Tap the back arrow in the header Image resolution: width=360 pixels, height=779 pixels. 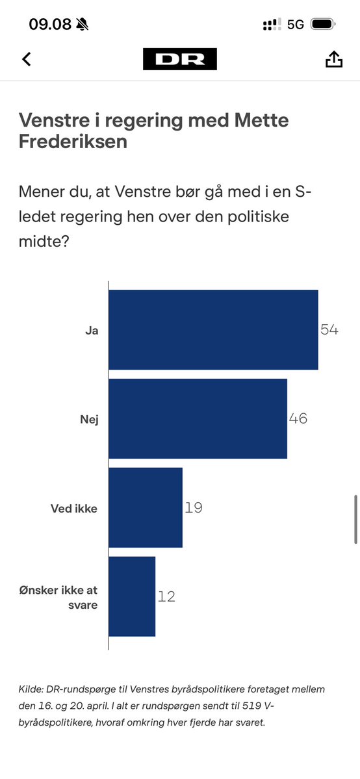coord(27,59)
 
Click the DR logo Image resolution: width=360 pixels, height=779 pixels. coord(180,59)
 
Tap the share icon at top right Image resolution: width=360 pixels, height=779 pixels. coord(333,59)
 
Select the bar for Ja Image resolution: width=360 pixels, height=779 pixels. coord(213,329)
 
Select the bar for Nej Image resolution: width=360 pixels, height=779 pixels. coord(198,418)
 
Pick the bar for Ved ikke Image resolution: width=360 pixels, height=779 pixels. coord(146,507)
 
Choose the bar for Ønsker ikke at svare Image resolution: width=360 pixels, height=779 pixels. coord(132,596)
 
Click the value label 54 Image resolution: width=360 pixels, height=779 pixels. coord(329,329)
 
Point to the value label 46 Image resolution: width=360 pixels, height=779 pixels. coord(298,418)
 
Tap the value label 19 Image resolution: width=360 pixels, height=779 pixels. coord(194,507)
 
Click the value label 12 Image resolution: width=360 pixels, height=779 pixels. coord(166,596)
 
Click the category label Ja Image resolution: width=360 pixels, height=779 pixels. coord(91,330)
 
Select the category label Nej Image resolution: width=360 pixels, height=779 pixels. coord(89,419)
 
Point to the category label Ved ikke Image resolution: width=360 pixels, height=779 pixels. coord(74,509)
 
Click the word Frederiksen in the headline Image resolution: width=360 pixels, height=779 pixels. coord(73,142)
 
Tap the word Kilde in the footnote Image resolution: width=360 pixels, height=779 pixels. coord(31,689)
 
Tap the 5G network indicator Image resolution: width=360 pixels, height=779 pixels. coord(296,25)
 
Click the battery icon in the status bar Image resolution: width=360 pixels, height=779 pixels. coord(322,25)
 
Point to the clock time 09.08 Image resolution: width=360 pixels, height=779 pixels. coord(49,25)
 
